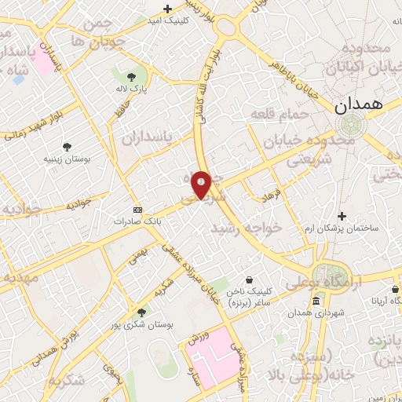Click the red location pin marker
pos(201,185)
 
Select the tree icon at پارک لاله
pos(130,77)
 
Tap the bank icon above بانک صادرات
pos(138,210)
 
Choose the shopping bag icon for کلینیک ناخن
pos(250,280)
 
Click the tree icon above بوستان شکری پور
pos(141,311)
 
